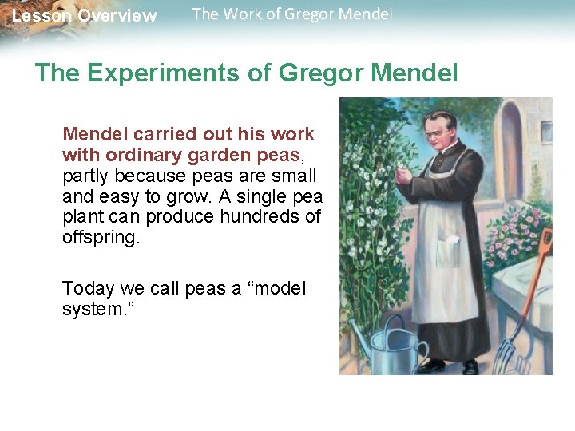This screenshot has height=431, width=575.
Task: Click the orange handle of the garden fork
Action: pos(538,271)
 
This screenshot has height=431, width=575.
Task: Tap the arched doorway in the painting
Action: pos(512,152)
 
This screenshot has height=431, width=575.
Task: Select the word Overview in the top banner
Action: pos(117,16)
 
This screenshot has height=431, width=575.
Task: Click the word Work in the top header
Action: pos(241,14)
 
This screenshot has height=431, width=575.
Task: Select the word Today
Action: pos(86,288)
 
